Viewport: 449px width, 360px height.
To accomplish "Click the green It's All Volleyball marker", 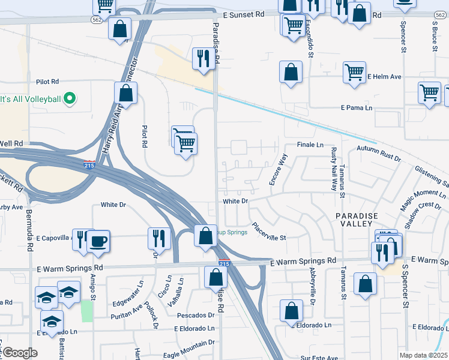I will point(70,98).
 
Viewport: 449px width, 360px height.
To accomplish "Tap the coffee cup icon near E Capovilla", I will point(98,242).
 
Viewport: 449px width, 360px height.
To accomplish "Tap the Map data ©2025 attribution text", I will point(424,355).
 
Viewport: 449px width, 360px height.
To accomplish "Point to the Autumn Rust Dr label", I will point(378,152).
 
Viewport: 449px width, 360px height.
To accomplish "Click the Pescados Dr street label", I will point(195,315).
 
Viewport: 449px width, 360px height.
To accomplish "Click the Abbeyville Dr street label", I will point(312,284).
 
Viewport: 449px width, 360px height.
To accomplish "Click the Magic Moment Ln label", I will point(424,201).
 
